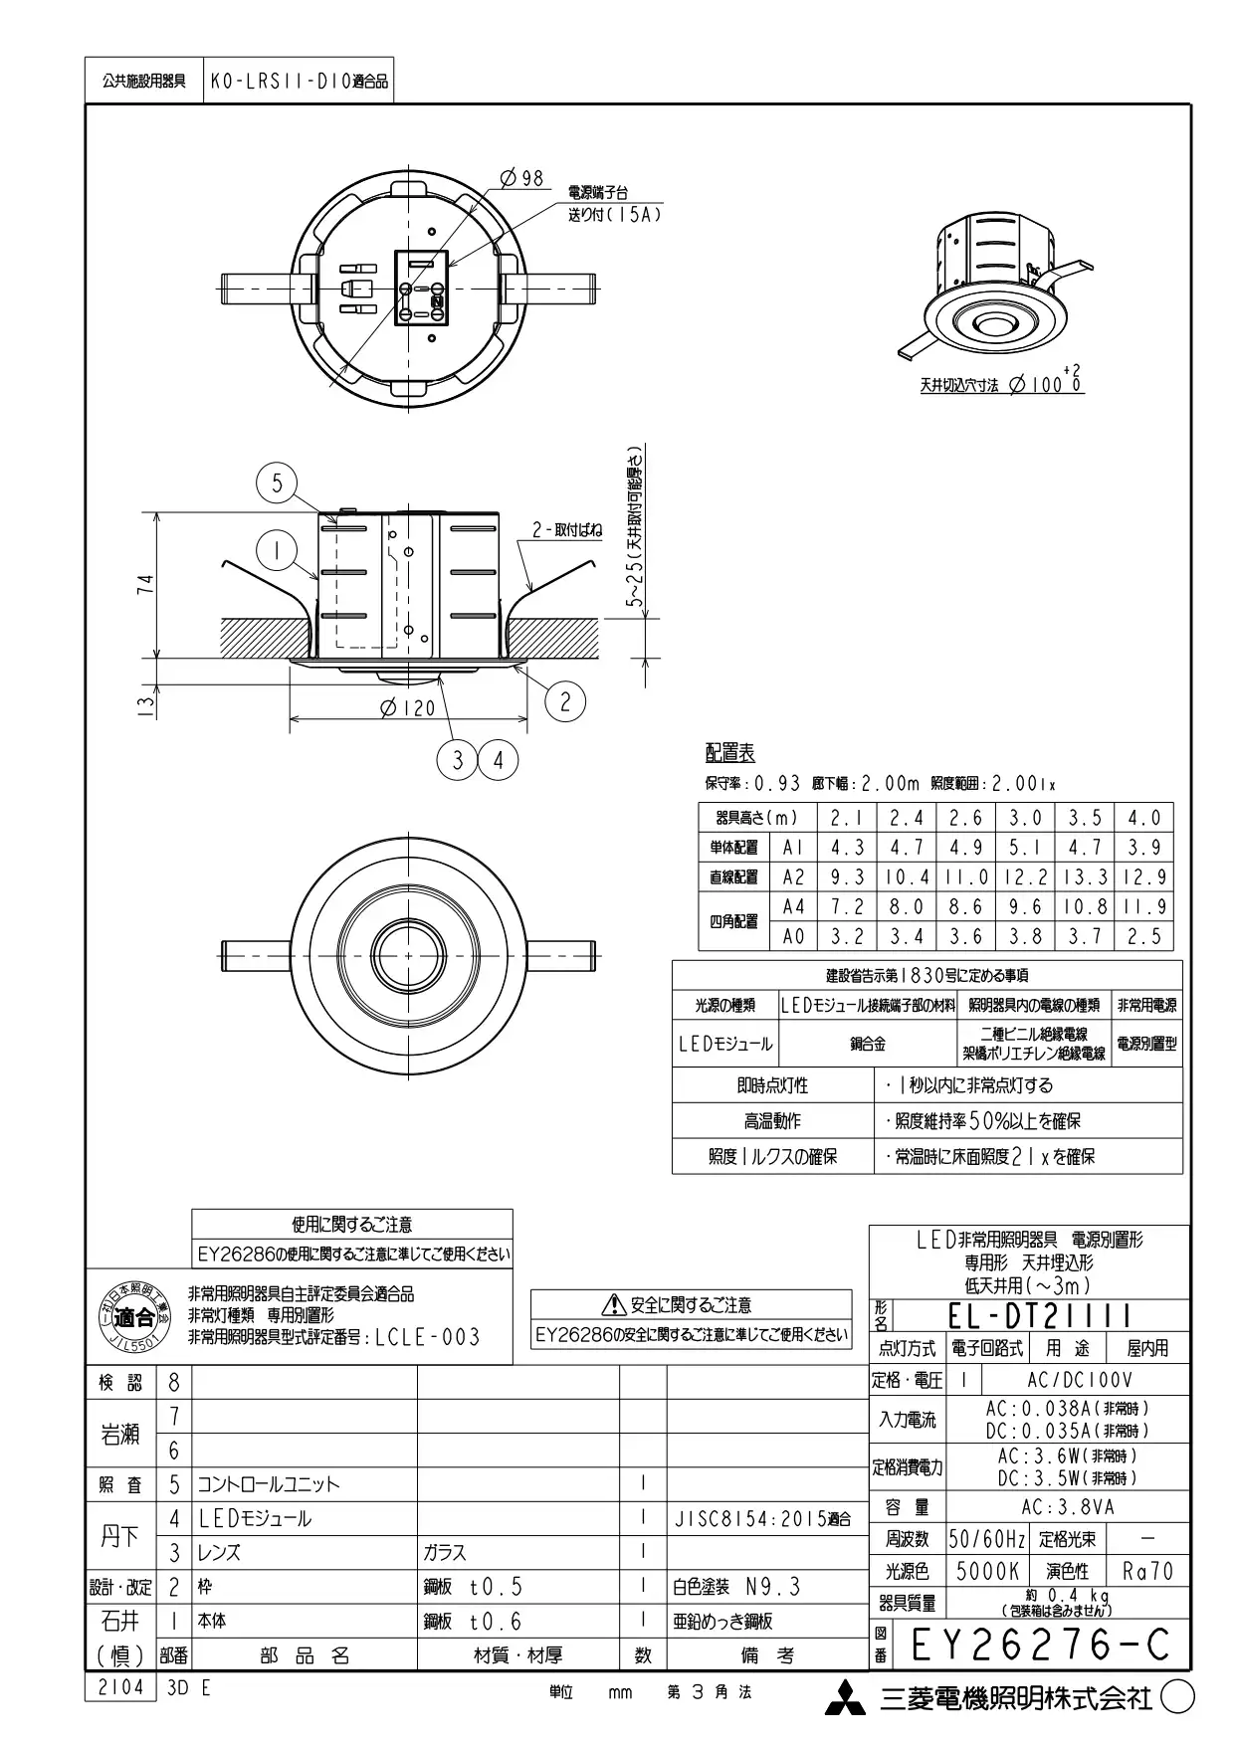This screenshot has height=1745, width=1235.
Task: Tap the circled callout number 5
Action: click(x=277, y=485)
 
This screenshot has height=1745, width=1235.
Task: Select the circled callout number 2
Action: click(x=565, y=701)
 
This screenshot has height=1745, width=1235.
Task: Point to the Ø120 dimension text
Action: click(x=408, y=708)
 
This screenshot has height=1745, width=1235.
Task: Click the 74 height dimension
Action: click(x=145, y=585)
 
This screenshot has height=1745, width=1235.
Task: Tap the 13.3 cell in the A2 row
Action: click(x=1085, y=877)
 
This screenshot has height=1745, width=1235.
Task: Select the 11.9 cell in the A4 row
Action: click(x=1143, y=907)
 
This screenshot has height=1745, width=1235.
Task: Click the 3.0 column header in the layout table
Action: click(x=1025, y=818)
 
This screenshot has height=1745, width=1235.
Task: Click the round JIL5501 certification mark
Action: click(x=134, y=1318)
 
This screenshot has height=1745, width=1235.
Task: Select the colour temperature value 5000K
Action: click(x=987, y=1572)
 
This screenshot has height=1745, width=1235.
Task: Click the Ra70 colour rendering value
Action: click(x=1147, y=1572)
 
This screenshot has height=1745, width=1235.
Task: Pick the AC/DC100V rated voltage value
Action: click(x=1080, y=1381)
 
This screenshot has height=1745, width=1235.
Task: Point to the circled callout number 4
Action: click(x=498, y=761)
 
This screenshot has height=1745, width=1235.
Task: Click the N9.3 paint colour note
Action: click(x=772, y=1587)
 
